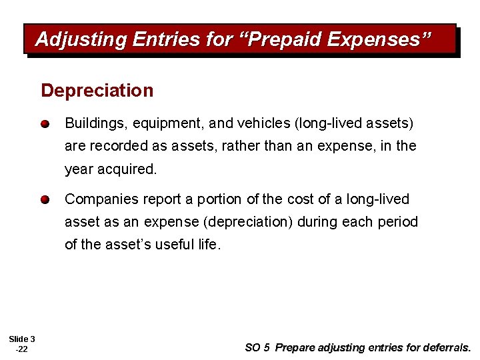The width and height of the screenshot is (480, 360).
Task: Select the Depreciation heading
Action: [97, 91]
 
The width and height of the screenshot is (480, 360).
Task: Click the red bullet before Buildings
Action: [45, 124]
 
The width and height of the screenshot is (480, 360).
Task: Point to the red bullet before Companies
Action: [45, 199]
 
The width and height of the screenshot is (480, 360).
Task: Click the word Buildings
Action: [91, 124]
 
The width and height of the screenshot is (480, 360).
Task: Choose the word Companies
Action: [97, 199]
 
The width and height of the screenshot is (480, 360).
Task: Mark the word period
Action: [397, 221]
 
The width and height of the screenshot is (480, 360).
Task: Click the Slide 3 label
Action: [22, 339]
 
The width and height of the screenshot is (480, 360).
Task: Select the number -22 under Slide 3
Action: [21, 349]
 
